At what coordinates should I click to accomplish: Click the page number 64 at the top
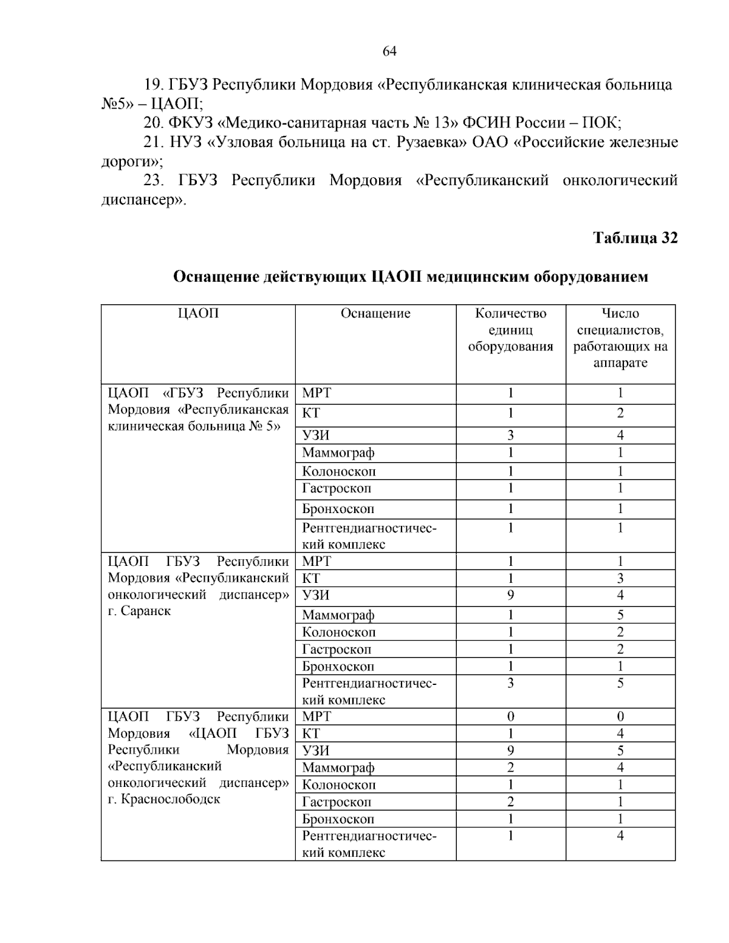point(389,52)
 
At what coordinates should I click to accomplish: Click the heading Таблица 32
point(635,238)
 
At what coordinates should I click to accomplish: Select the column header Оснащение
point(375,313)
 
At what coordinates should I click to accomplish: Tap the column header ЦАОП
point(198,313)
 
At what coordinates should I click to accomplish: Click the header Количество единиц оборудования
point(510,330)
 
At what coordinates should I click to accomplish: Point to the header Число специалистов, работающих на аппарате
point(620,338)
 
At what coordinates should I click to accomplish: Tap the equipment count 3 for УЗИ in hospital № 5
point(510,435)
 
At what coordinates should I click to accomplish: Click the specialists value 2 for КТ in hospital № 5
point(620,414)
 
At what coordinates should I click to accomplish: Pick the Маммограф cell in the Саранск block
point(338,615)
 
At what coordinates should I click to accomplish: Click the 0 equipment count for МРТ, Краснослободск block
point(510,717)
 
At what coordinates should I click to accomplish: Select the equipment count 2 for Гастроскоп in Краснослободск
point(510,802)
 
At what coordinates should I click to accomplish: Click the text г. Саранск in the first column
point(139,611)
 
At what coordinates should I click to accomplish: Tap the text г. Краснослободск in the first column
point(163,799)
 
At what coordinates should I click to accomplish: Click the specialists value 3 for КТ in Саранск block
point(620,579)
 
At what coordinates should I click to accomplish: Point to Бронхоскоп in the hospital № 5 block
point(338,509)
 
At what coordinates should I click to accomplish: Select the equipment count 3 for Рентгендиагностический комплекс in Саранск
point(510,684)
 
